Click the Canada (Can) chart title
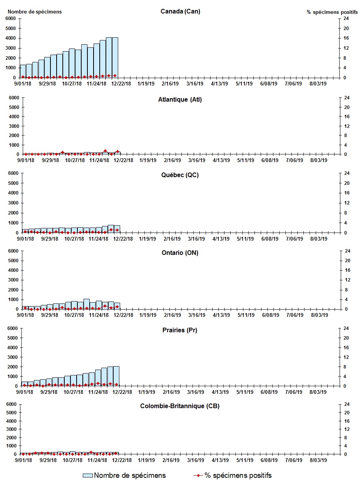click(x=180, y=11)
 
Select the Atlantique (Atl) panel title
click(x=180, y=100)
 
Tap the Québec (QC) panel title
click(x=180, y=175)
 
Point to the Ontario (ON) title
click(x=180, y=253)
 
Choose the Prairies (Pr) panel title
click(x=180, y=330)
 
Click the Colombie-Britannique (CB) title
click(x=180, y=406)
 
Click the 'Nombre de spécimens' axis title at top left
click(x=34, y=12)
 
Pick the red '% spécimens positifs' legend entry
click(x=233, y=476)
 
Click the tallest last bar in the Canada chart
click(x=115, y=57)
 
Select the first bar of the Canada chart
click(x=23, y=71)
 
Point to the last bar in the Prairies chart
click(x=116, y=376)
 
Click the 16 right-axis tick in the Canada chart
click(x=347, y=38)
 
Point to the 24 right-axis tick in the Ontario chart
click(x=347, y=251)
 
